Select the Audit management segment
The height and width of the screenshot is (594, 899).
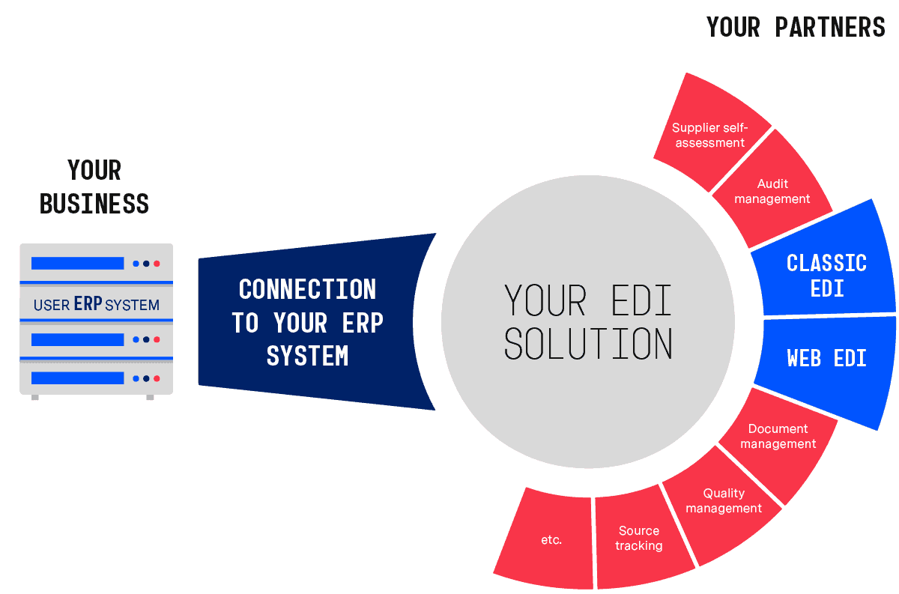(772, 192)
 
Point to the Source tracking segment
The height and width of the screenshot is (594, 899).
(639, 539)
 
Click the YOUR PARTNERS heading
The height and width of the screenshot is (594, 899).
(796, 27)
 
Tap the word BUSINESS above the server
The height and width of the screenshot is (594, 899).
(94, 204)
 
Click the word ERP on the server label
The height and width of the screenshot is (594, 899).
(88, 304)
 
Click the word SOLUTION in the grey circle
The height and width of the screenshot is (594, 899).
(588, 344)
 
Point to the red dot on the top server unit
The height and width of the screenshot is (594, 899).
(157, 264)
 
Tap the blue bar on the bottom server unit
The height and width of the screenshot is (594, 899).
(77, 378)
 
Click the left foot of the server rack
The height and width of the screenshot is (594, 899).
(35, 397)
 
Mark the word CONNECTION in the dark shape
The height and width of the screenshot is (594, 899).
(307, 289)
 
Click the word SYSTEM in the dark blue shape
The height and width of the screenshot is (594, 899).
(307, 356)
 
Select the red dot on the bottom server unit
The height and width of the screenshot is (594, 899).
(157, 378)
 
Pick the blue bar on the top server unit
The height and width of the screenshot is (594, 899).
(77, 263)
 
